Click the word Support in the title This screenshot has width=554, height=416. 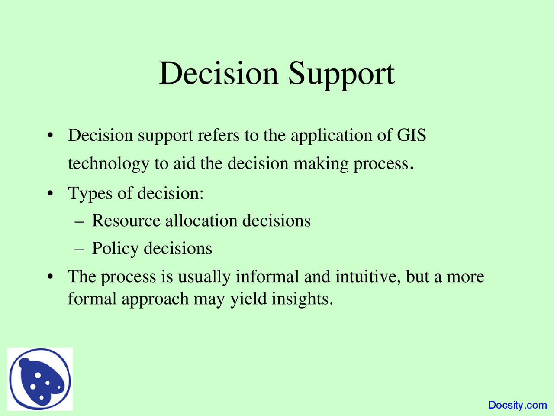coord(341,75)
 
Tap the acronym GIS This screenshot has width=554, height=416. coord(412,135)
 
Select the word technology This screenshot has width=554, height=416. coord(109,164)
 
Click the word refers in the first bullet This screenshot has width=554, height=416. coord(219,135)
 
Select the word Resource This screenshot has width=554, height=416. coord(126,221)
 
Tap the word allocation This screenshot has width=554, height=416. coord(201,221)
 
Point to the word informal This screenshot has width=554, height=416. coord(267,276)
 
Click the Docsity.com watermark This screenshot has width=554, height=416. coord(518,405)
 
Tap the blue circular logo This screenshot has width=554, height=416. coord(40,379)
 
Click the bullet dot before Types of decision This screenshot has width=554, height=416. coord(51,194)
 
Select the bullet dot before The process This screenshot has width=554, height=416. coord(51,276)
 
